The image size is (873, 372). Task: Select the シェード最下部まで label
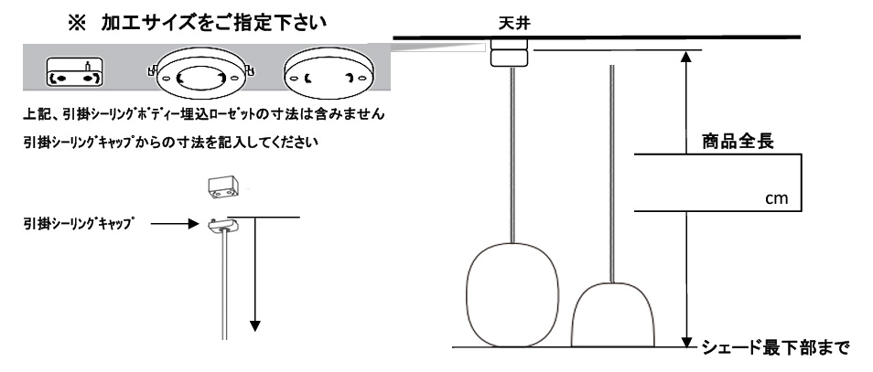click(775, 347)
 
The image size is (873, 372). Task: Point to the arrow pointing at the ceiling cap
click(168, 222)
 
